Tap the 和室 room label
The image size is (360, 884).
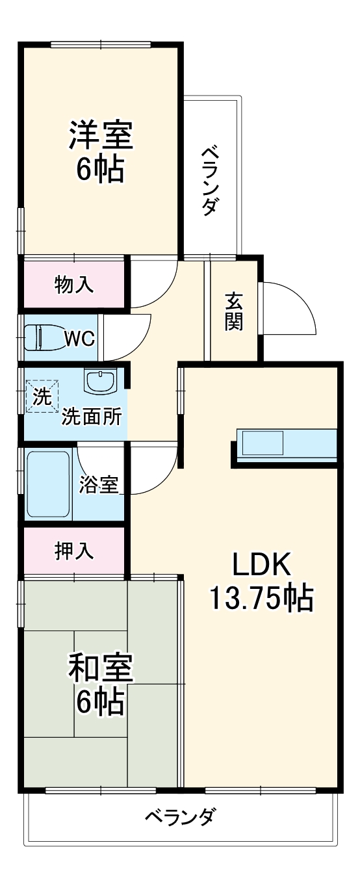pos(101,668)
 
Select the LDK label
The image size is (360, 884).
pos(260,565)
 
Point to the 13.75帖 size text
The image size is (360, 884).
pos(260,598)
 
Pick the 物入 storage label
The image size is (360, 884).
pos(74,284)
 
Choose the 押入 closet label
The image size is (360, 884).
pos(74,551)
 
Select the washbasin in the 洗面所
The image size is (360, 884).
pos(100,382)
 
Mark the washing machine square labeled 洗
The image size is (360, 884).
pos(42,396)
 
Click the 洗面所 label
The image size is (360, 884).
pos(91,417)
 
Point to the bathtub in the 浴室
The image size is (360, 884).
pos(48,484)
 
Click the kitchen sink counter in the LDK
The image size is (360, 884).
pos(287,446)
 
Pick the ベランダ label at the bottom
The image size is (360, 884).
pos(179,816)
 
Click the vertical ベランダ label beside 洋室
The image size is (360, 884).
pos(211,181)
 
